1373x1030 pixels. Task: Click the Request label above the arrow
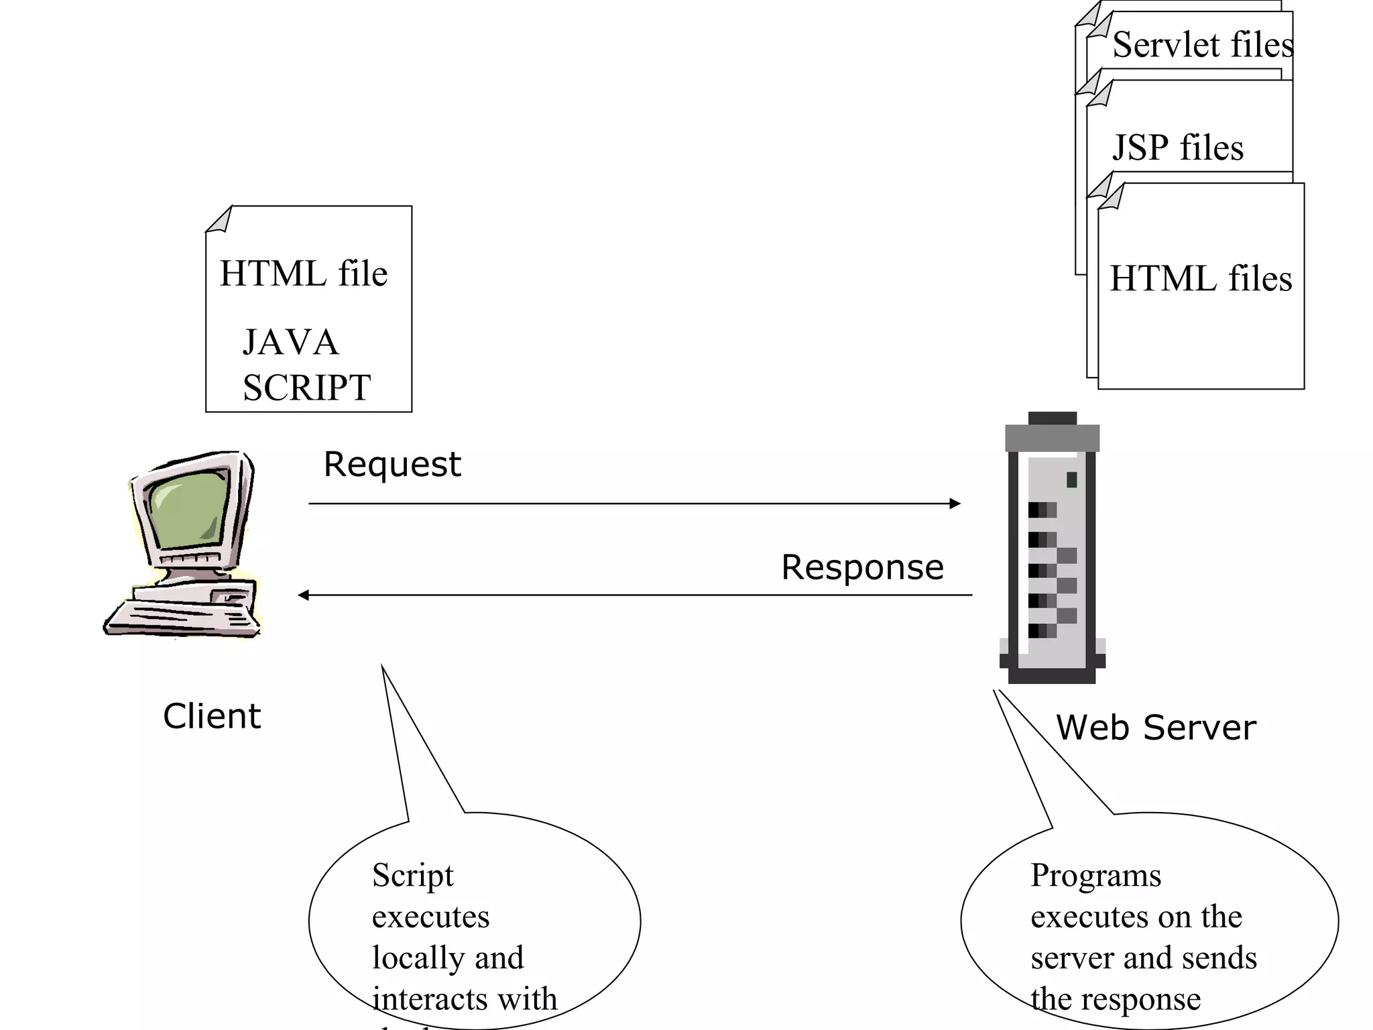tap(392, 465)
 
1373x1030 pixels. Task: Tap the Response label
tap(862, 568)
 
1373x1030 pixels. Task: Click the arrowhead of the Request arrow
tap(955, 504)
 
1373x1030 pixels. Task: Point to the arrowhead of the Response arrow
tap(304, 595)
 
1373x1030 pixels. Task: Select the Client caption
tap(211, 716)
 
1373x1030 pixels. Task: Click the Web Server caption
tap(1156, 728)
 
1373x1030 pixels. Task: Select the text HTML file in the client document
tap(304, 274)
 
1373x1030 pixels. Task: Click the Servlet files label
tap(1203, 45)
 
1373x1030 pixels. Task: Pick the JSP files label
tap(1178, 148)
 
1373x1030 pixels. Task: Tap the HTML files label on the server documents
tap(1201, 279)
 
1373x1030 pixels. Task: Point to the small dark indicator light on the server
tap(1071, 479)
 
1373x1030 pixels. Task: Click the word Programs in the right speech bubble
tap(1095, 876)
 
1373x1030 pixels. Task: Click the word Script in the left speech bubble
tap(413, 876)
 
